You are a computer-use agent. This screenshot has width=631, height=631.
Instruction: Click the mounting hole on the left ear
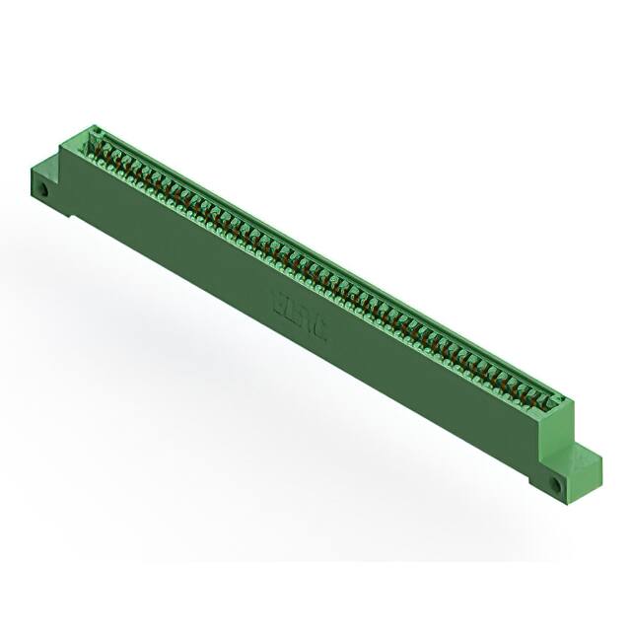point(42,184)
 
